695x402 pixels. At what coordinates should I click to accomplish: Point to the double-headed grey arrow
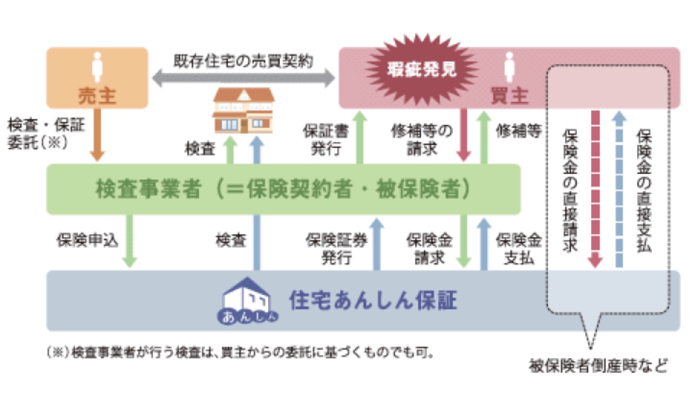click(243, 78)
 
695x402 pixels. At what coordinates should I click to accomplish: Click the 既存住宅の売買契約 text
click(243, 61)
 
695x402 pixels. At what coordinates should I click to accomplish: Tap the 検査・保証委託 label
click(46, 134)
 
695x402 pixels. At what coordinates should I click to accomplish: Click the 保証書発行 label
click(325, 140)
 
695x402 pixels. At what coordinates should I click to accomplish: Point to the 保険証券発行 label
click(336, 248)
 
